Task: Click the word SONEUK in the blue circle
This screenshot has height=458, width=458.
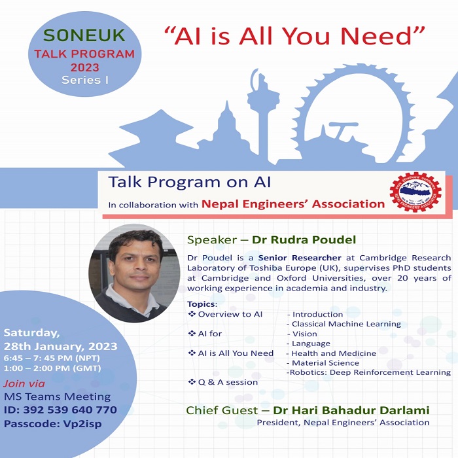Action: (84, 35)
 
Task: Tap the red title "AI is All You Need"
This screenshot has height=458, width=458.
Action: (294, 36)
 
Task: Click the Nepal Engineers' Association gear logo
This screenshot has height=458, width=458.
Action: (415, 192)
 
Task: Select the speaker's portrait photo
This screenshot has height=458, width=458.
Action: (134, 273)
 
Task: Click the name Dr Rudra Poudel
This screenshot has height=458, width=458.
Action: (304, 240)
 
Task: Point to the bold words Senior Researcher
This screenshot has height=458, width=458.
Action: (300, 258)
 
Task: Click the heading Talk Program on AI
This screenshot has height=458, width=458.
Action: (190, 182)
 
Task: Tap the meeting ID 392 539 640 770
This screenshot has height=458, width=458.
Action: (70, 410)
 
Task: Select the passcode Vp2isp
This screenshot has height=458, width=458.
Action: (82, 424)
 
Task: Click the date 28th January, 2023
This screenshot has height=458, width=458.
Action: (60, 346)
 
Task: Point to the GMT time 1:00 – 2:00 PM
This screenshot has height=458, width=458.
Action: (37, 368)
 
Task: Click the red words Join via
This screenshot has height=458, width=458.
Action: (24, 383)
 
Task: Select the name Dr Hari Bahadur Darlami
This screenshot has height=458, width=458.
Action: (351, 410)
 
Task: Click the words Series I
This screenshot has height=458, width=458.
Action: (85, 80)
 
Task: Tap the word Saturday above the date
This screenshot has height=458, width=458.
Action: (31, 333)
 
